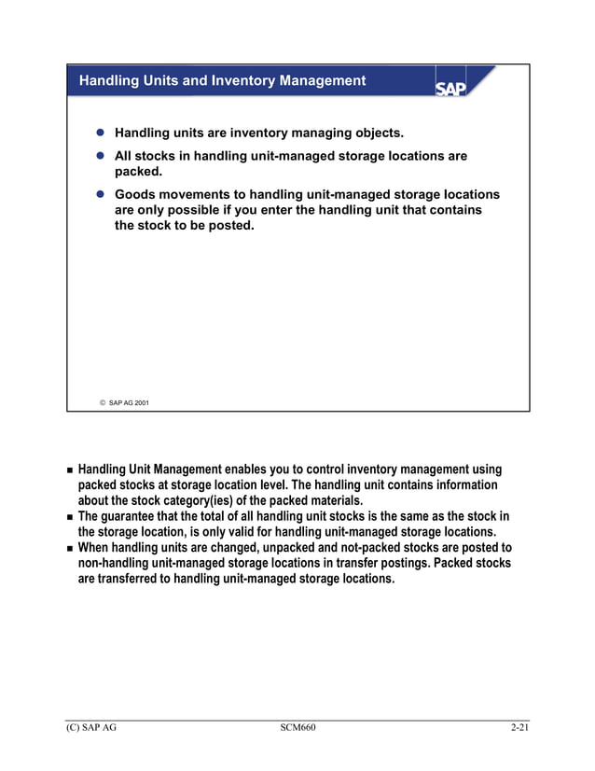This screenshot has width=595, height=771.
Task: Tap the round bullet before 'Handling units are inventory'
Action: coord(99,133)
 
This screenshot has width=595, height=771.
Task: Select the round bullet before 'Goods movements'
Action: coord(99,195)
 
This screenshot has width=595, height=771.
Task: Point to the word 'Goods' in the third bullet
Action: coord(136,194)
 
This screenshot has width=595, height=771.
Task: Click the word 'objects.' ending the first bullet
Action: coord(376,133)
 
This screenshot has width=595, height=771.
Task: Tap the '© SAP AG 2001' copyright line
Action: coord(124,402)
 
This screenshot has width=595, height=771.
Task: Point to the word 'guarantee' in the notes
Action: coord(141,516)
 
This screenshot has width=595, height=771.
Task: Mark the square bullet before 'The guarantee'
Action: coord(69,517)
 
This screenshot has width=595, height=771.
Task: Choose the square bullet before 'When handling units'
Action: coord(69,548)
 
